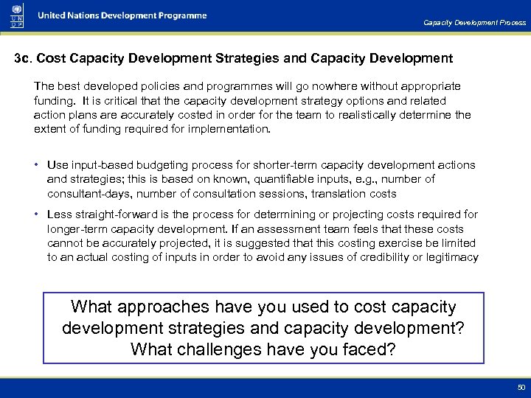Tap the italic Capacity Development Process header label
(474, 23)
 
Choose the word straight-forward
(119, 214)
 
